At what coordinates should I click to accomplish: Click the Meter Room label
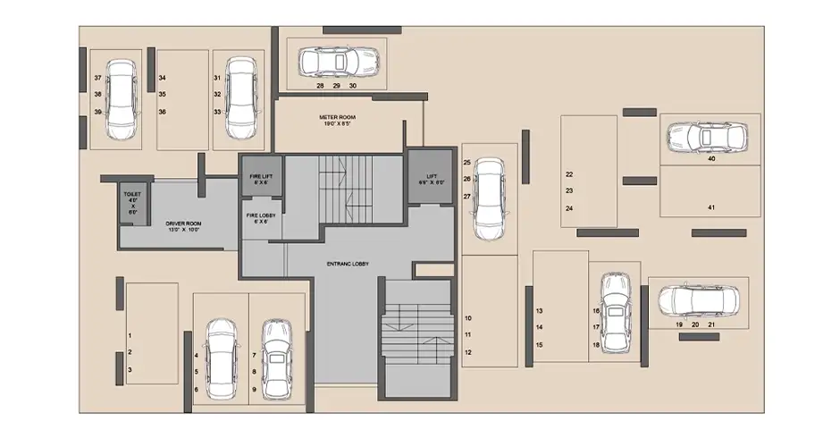338,121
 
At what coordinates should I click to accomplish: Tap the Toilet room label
132,202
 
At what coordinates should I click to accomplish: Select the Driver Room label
181,226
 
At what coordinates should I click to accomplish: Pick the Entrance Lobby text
348,264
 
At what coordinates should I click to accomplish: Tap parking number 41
711,207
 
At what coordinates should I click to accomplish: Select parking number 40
711,159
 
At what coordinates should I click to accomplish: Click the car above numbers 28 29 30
337,63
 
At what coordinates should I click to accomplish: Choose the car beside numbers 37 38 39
122,99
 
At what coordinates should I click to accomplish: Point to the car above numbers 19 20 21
698,300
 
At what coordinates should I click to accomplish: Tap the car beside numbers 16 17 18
616,308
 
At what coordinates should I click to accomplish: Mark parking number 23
569,191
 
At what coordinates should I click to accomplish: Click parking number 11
467,335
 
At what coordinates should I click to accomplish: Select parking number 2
130,351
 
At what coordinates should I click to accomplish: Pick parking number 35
163,94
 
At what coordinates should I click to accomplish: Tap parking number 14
539,327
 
